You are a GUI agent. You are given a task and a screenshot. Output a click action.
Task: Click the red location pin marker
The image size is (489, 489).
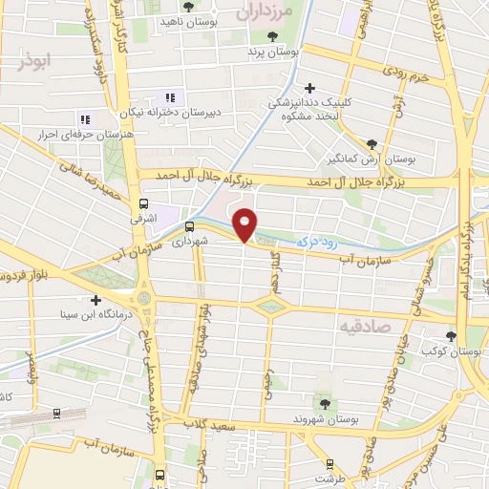point(245,224)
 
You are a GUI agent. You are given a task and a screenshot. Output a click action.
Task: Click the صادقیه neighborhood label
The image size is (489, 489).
point(363,327)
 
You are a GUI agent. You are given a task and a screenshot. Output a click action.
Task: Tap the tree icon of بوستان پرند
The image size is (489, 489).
point(273,36)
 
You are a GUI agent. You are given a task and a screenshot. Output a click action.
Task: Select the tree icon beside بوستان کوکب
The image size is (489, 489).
point(452,336)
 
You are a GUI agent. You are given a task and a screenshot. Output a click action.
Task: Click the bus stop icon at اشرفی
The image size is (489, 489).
point(144,203)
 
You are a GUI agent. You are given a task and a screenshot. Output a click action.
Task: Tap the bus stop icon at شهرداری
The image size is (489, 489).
point(188,227)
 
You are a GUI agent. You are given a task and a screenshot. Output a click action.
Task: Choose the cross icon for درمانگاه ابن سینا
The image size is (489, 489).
point(96,300)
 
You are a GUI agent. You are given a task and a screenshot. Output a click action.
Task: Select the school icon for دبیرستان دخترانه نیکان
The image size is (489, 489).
point(171,97)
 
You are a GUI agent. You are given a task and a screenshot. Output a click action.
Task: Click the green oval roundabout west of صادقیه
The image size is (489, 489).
point(271,307)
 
